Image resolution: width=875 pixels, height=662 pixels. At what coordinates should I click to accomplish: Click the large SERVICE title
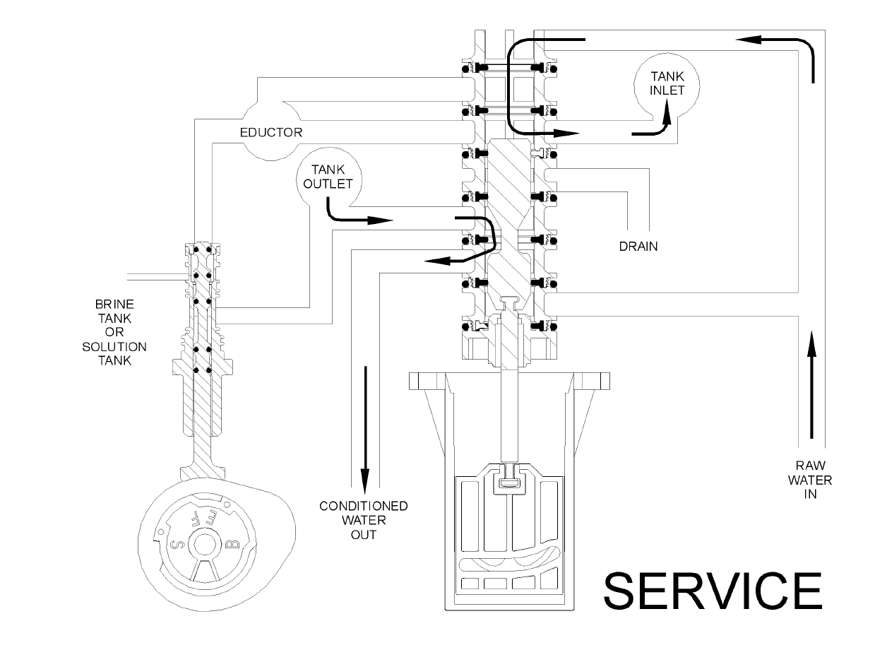(713, 591)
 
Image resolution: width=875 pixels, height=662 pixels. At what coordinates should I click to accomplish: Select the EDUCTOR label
(271, 132)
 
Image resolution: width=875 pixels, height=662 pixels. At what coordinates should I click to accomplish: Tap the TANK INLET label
(667, 83)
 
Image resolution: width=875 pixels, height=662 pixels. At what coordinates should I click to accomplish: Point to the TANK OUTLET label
(328, 177)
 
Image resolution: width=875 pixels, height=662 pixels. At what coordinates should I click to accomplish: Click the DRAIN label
(638, 247)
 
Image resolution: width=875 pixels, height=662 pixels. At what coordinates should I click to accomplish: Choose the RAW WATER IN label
(810, 480)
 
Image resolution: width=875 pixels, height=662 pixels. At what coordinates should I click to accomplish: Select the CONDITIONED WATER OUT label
(364, 521)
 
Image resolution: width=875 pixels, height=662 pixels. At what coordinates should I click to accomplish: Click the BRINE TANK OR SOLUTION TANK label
(114, 332)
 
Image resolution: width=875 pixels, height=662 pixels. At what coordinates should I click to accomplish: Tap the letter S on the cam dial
(177, 544)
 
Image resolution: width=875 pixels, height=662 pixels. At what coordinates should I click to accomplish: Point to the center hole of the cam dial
(205, 545)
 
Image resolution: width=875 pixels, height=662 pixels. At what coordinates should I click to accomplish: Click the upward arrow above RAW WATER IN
(811, 390)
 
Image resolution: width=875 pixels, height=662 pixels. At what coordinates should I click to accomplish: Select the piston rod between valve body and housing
(509, 415)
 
